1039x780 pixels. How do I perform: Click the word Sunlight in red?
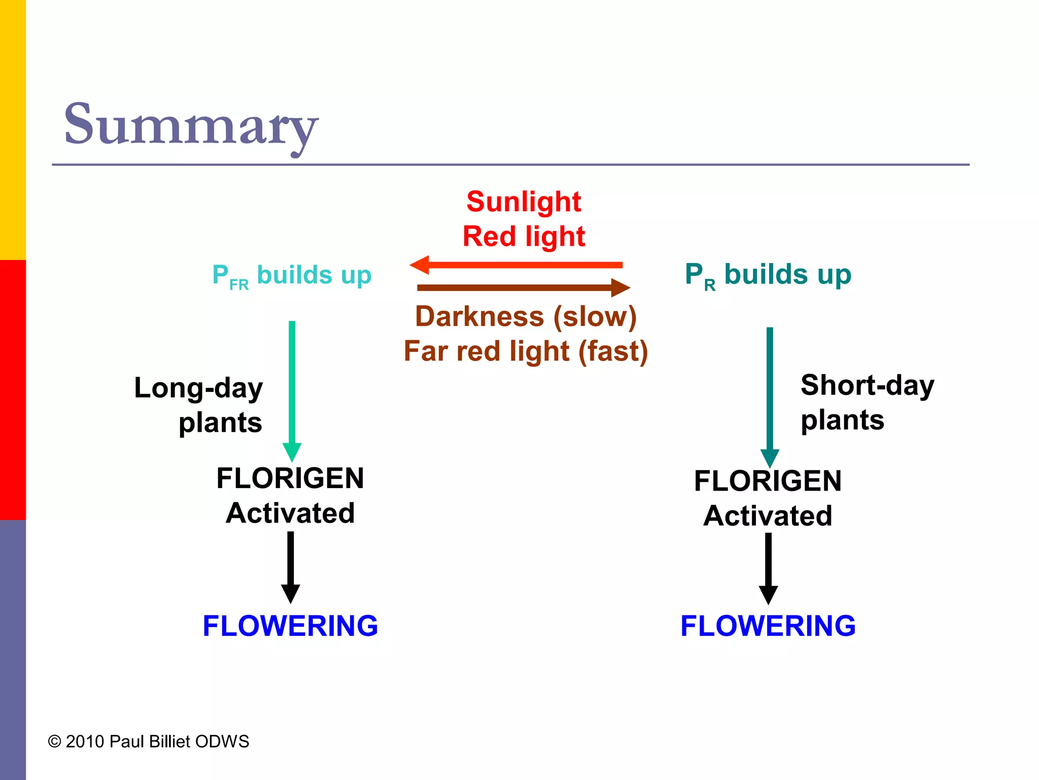pos(524,202)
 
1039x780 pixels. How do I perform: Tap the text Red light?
pos(524,237)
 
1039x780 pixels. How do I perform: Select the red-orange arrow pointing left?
pos(516,265)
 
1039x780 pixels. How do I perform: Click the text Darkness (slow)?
pos(526,317)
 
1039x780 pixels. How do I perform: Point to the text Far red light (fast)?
pos(526,351)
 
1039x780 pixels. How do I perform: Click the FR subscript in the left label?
pos(239,285)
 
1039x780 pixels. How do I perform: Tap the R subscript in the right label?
pos(710,286)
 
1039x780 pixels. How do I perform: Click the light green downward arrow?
pos(292,386)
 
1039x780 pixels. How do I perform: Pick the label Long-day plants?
pos(199,405)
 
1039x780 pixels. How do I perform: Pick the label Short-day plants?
pos(867,402)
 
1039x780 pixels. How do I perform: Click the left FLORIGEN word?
pos(290,478)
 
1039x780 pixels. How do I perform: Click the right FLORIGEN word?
pos(768,481)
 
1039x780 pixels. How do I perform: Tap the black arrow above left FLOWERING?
pos(290,566)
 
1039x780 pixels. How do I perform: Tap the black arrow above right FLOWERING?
pos(768,568)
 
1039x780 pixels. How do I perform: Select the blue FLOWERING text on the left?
pos(290,626)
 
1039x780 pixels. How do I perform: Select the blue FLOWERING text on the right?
pos(768,626)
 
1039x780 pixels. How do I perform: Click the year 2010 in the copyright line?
pos(85,741)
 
